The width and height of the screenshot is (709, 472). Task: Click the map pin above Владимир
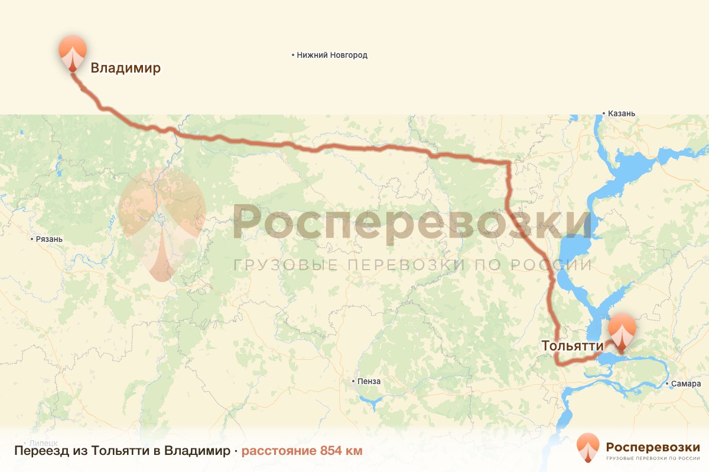72,52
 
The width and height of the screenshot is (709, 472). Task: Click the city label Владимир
125,68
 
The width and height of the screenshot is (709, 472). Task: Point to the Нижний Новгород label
332,55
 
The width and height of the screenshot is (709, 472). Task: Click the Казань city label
622,113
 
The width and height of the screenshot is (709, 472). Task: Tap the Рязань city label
50,240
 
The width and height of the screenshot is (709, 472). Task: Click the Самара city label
687,384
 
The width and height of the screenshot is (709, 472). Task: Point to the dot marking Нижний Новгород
293,55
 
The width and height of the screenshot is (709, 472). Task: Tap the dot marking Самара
668,384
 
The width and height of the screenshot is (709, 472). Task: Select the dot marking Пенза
353,382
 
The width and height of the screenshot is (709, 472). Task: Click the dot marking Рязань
32,240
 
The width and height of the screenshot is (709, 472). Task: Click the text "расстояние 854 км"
301,451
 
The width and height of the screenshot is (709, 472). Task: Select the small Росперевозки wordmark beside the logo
653,447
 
